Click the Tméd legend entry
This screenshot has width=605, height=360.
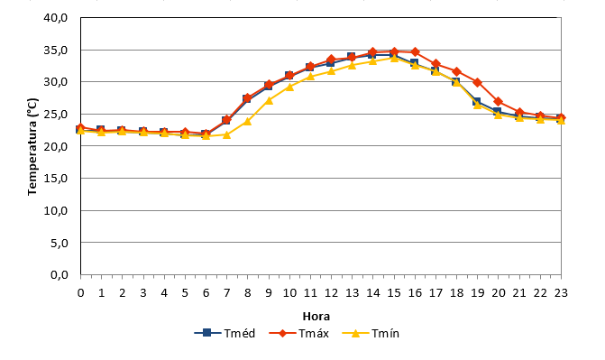(225, 333)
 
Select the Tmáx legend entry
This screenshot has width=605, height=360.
(298, 333)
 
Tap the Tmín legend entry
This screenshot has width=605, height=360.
(371, 333)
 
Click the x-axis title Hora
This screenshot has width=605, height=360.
(316, 317)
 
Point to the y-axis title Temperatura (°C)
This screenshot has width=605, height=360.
(32, 147)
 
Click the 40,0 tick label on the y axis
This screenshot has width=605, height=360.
(56, 18)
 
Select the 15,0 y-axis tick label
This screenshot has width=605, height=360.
(56, 179)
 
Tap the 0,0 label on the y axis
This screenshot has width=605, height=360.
(59, 275)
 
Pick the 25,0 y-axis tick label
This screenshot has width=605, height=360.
(56, 115)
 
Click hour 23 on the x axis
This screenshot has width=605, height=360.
(561, 293)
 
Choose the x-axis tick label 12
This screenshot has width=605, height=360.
(331, 293)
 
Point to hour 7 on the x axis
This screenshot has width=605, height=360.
(227, 293)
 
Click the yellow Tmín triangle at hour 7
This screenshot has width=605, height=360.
(227, 134)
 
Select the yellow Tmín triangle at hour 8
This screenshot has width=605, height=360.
(248, 121)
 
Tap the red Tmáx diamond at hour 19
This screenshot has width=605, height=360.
(478, 83)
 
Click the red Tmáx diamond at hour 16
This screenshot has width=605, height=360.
(415, 51)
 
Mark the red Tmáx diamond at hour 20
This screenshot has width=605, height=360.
(499, 102)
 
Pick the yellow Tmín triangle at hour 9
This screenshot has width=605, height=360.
(269, 100)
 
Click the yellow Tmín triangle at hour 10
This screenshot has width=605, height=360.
(289, 87)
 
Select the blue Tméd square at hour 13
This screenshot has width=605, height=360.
(351, 57)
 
